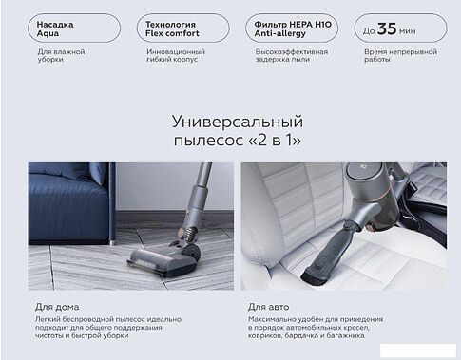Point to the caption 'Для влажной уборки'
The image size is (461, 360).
point(57,56)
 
